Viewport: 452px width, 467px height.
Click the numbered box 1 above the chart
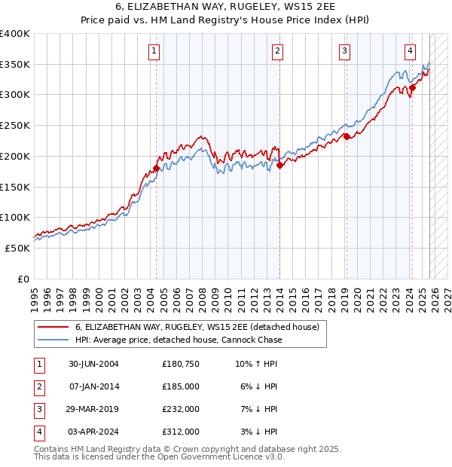(154, 51)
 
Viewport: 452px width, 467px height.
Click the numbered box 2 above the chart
(277, 51)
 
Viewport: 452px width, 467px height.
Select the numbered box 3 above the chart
(344, 51)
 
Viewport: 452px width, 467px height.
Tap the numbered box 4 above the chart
(410, 51)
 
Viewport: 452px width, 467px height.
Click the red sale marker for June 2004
(156, 168)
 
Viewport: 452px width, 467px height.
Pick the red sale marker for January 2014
(279, 166)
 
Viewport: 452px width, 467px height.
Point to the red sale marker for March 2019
(347, 136)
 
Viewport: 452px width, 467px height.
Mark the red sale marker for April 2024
(412, 88)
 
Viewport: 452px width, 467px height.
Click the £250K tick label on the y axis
(15, 125)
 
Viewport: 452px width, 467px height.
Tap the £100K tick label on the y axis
(15, 217)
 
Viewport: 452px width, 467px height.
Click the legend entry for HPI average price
(179, 340)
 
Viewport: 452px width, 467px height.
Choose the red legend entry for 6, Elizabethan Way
(197, 327)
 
